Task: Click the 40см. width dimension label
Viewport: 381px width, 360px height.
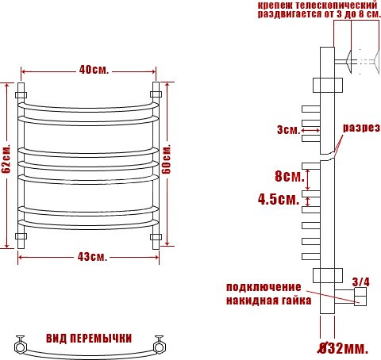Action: tap(94, 70)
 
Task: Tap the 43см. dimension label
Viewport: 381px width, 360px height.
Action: tap(93, 257)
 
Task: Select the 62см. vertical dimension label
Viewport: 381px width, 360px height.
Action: tap(6, 159)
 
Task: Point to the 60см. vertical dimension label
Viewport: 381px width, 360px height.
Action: tap(166, 159)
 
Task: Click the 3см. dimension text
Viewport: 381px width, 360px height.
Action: tap(288, 130)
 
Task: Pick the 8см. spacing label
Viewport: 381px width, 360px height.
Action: tap(290, 176)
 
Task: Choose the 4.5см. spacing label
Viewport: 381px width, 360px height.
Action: tap(279, 199)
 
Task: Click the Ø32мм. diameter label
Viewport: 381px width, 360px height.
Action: tap(343, 348)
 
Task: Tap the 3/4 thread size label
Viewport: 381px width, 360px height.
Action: tap(361, 282)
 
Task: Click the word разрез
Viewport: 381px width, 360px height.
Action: tap(361, 128)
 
